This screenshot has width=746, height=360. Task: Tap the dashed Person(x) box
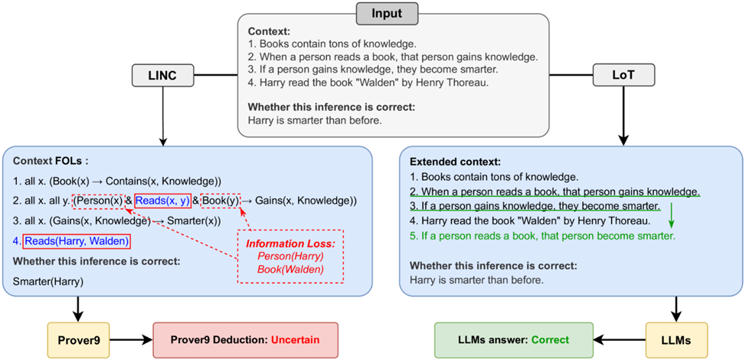97,201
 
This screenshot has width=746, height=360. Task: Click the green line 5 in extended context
542,236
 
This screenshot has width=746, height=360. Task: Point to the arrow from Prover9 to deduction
132,338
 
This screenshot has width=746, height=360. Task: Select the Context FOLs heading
51,162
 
